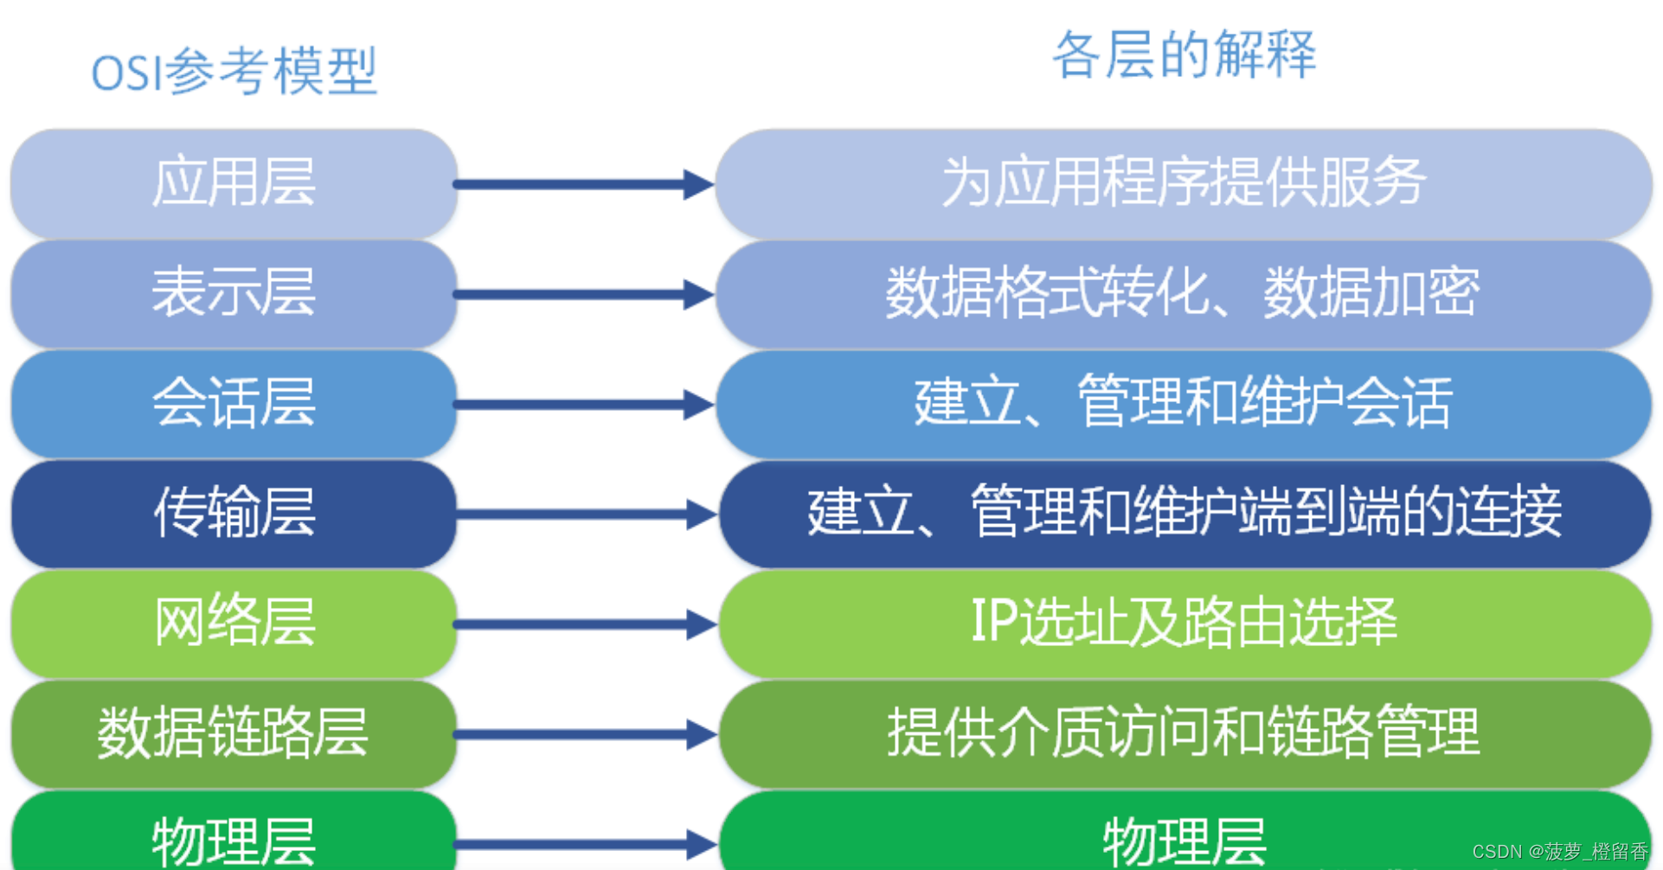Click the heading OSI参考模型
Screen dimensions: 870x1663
pos(234,71)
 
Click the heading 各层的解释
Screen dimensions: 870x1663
pos(1184,54)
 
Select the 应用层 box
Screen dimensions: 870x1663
pos(234,183)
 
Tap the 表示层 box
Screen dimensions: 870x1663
pos(234,293)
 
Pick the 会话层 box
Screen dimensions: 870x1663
pos(234,403)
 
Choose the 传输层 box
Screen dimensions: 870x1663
pos(234,513)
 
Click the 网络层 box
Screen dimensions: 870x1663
pos(234,623)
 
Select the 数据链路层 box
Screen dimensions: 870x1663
pos(234,733)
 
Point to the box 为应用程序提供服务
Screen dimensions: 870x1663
pos(1184,183)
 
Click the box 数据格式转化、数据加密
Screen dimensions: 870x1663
pos(1184,293)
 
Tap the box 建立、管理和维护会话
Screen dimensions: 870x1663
pos(1184,403)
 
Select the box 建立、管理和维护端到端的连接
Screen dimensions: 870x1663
pos(1184,513)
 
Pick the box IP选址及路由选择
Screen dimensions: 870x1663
pos(1184,623)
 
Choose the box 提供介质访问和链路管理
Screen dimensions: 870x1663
pos(1184,733)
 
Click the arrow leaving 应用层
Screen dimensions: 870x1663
pos(584,183)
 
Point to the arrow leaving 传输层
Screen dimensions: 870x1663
pos(584,514)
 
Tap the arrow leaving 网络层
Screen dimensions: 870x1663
pos(584,624)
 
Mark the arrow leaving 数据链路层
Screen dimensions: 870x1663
pos(584,734)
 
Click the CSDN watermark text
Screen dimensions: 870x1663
pos(1560,852)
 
